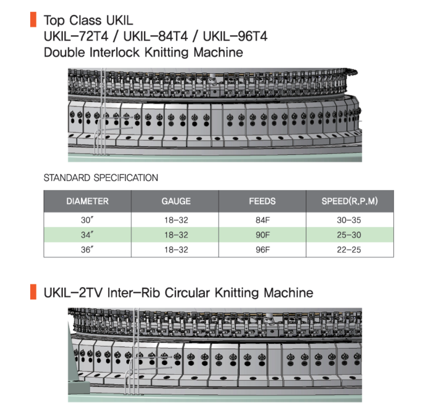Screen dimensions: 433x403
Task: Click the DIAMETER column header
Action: click(87, 201)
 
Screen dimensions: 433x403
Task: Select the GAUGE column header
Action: click(176, 201)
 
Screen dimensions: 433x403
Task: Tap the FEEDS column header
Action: click(262, 201)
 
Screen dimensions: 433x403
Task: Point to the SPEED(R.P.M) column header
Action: click(349, 201)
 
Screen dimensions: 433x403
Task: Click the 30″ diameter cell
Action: click(87, 220)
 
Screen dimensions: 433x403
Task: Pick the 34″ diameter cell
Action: click(87, 235)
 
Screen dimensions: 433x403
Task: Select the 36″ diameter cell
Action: click(87, 250)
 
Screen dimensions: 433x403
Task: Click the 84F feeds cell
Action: click(263, 220)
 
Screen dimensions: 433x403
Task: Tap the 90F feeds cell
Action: click(263, 235)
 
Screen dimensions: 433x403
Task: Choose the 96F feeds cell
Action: click(263, 250)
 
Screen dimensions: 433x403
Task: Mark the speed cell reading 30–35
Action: click(349, 220)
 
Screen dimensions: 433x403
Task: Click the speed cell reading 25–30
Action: click(349, 235)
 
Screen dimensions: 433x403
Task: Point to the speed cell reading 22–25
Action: click(349, 250)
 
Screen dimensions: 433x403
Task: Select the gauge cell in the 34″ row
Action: click(176, 235)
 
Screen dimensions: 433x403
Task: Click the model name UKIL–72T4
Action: click(76, 36)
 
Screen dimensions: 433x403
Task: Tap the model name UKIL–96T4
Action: click(235, 36)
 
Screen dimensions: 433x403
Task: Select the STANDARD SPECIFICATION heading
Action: click(101, 177)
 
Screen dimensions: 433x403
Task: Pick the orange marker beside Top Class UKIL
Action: click(33, 20)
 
